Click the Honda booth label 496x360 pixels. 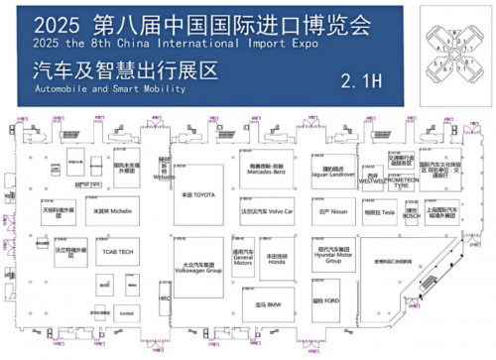(277, 259)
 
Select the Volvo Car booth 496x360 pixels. (268, 212)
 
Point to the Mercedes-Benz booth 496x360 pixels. (266, 170)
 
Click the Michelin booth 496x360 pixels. (111, 211)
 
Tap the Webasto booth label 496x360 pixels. (164, 171)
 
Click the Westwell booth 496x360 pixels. (373, 180)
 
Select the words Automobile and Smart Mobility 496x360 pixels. (95, 89)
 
